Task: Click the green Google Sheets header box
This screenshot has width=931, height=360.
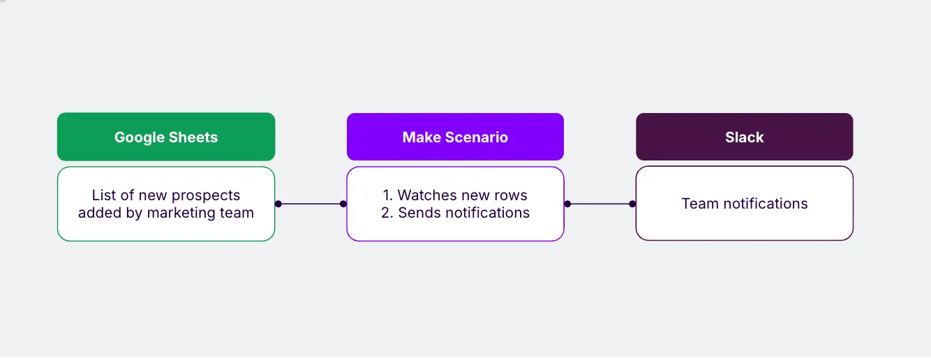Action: pyautogui.click(x=166, y=137)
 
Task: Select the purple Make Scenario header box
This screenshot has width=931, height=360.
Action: pyautogui.click(x=455, y=137)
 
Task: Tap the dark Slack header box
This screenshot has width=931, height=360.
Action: pyautogui.click(x=745, y=137)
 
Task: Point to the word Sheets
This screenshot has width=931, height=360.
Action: pyautogui.click(x=193, y=137)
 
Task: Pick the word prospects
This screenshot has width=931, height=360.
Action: pyautogui.click(x=206, y=196)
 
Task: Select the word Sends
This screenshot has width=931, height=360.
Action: pyautogui.click(x=419, y=212)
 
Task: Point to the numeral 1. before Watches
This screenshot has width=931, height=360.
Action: pyautogui.click(x=387, y=195)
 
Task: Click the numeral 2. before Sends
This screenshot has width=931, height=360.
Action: pyautogui.click(x=387, y=212)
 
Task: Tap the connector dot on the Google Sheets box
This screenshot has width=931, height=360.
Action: pyautogui.click(x=278, y=204)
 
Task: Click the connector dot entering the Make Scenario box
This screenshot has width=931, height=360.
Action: pyautogui.click(x=343, y=204)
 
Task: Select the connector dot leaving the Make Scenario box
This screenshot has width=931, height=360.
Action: pyautogui.click(x=568, y=204)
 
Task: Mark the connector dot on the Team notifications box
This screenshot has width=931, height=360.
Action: pyautogui.click(x=632, y=204)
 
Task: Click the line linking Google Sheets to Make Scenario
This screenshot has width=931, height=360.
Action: pyautogui.click(x=311, y=204)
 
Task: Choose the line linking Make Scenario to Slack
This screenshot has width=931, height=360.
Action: pyautogui.click(x=600, y=204)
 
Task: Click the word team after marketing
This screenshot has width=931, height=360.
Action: pyautogui.click(x=237, y=213)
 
